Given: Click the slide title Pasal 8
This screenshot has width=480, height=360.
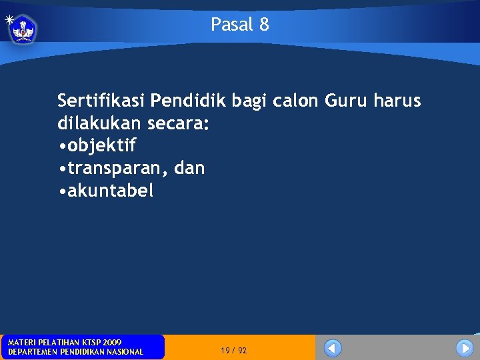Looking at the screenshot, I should tap(240, 25).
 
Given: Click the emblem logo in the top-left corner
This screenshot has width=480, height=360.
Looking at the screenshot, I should tap(23, 29).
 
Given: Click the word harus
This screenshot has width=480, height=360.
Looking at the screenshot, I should tap(397, 101).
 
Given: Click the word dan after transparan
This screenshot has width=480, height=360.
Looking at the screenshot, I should tap(189, 168).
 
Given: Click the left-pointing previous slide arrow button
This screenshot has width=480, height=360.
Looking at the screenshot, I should tap(333, 348).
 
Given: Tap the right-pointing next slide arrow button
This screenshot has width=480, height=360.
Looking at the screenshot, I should tap(464, 348).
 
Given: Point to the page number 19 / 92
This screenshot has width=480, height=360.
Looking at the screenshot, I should tap(233, 350).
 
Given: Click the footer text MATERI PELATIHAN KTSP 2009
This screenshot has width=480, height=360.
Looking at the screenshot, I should tap(65, 342).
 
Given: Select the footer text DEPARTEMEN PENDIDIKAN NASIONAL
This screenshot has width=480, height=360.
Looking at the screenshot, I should tap(75, 352).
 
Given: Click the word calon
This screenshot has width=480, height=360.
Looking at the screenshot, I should tap(297, 101).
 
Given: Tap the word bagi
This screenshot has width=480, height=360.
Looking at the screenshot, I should tap(250, 102).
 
